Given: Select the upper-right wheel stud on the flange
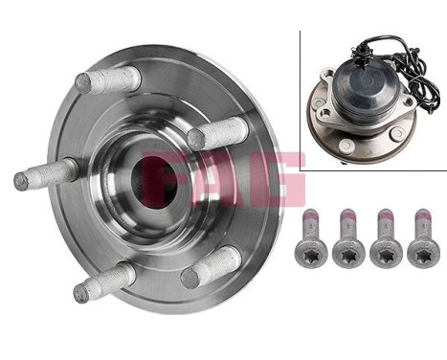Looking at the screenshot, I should point(218,131).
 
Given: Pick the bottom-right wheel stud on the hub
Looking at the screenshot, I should point(212,267).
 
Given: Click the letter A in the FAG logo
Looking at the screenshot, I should point(227,179).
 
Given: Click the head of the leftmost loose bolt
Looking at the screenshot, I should point(314,249).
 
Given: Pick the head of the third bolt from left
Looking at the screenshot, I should point(386,249).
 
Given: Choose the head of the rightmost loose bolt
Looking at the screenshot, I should point(420,249).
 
